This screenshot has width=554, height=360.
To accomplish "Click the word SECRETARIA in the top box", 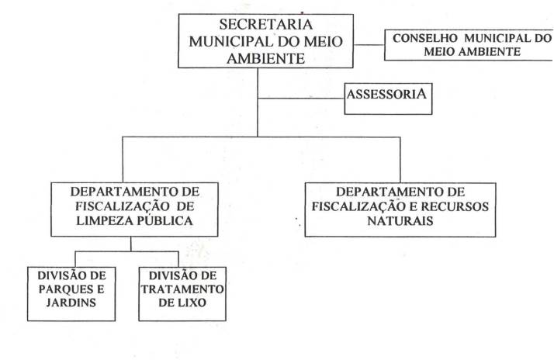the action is [x=265, y=24].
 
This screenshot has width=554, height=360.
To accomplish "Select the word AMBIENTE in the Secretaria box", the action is [x=265, y=58].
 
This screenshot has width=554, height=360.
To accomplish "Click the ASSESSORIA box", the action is [x=388, y=99].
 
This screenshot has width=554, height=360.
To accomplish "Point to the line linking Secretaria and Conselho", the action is [x=369, y=45].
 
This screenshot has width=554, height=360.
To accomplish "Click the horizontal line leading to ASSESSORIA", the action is [x=301, y=99].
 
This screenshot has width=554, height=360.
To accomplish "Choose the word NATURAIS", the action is [x=400, y=221].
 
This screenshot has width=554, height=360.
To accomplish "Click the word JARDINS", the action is [x=71, y=303].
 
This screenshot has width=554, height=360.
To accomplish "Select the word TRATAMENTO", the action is [x=182, y=289].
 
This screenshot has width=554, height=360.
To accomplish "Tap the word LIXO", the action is [x=194, y=303].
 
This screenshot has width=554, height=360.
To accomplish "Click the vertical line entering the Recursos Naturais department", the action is [x=400, y=160].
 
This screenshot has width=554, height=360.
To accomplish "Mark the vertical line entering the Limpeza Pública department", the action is [x=123, y=159].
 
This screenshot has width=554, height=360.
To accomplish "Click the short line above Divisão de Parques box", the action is [x=75, y=259].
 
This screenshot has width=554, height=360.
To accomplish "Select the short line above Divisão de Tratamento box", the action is [x=178, y=259].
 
